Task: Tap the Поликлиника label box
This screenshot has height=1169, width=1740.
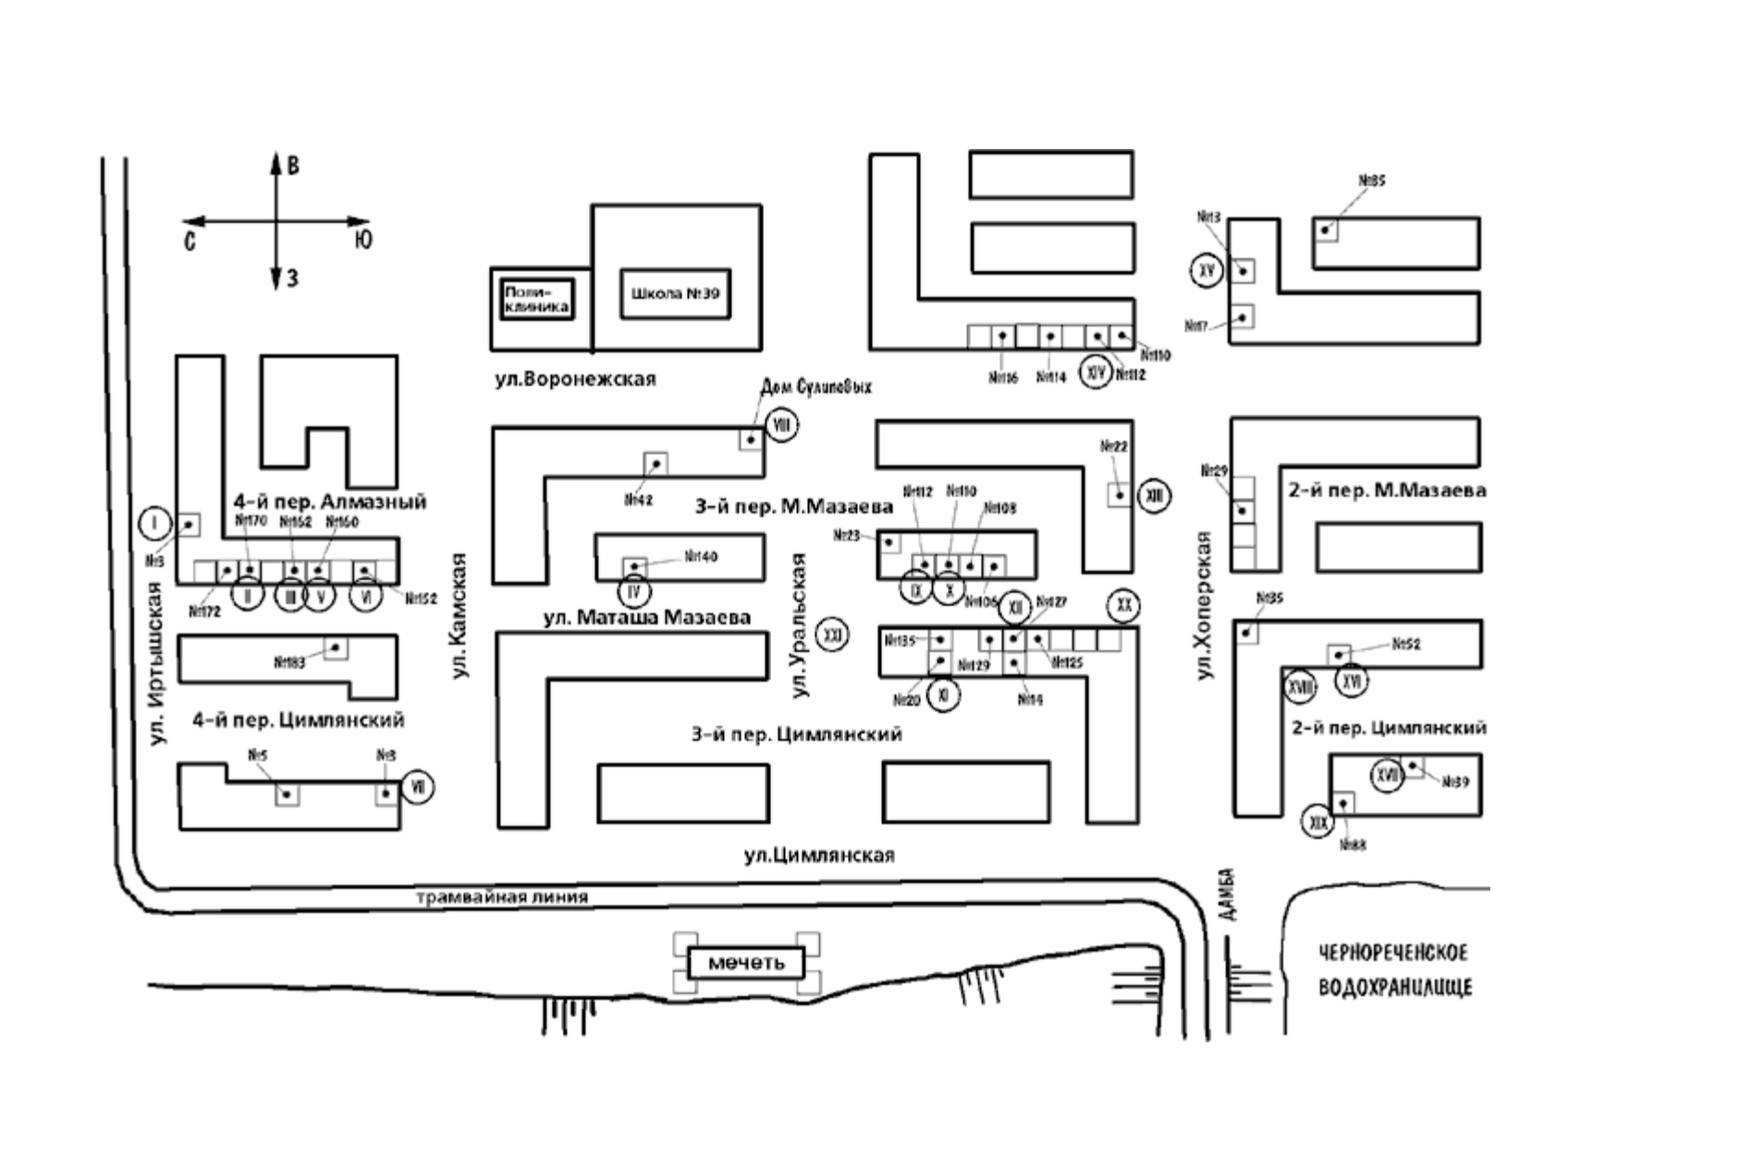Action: (536, 299)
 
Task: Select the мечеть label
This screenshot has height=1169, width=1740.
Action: (745, 963)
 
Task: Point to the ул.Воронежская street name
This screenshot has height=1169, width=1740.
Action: (575, 379)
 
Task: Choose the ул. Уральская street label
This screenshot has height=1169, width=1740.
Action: (800, 625)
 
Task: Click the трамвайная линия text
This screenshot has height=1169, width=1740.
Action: (502, 897)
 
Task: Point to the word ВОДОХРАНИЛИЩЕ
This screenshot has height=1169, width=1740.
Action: (1394, 988)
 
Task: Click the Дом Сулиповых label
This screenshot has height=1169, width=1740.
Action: (815, 387)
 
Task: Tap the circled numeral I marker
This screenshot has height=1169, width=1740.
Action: (155, 524)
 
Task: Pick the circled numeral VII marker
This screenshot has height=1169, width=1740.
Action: (418, 787)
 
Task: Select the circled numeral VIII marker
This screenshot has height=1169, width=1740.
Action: (781, 425)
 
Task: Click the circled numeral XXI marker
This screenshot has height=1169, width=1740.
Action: (833, 635)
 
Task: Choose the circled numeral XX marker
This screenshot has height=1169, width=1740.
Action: (1123, 606)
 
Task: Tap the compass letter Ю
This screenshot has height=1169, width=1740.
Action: (363, 240)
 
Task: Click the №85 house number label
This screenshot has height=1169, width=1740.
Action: (1372, 181)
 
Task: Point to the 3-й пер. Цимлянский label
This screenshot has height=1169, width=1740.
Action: (796, 734)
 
